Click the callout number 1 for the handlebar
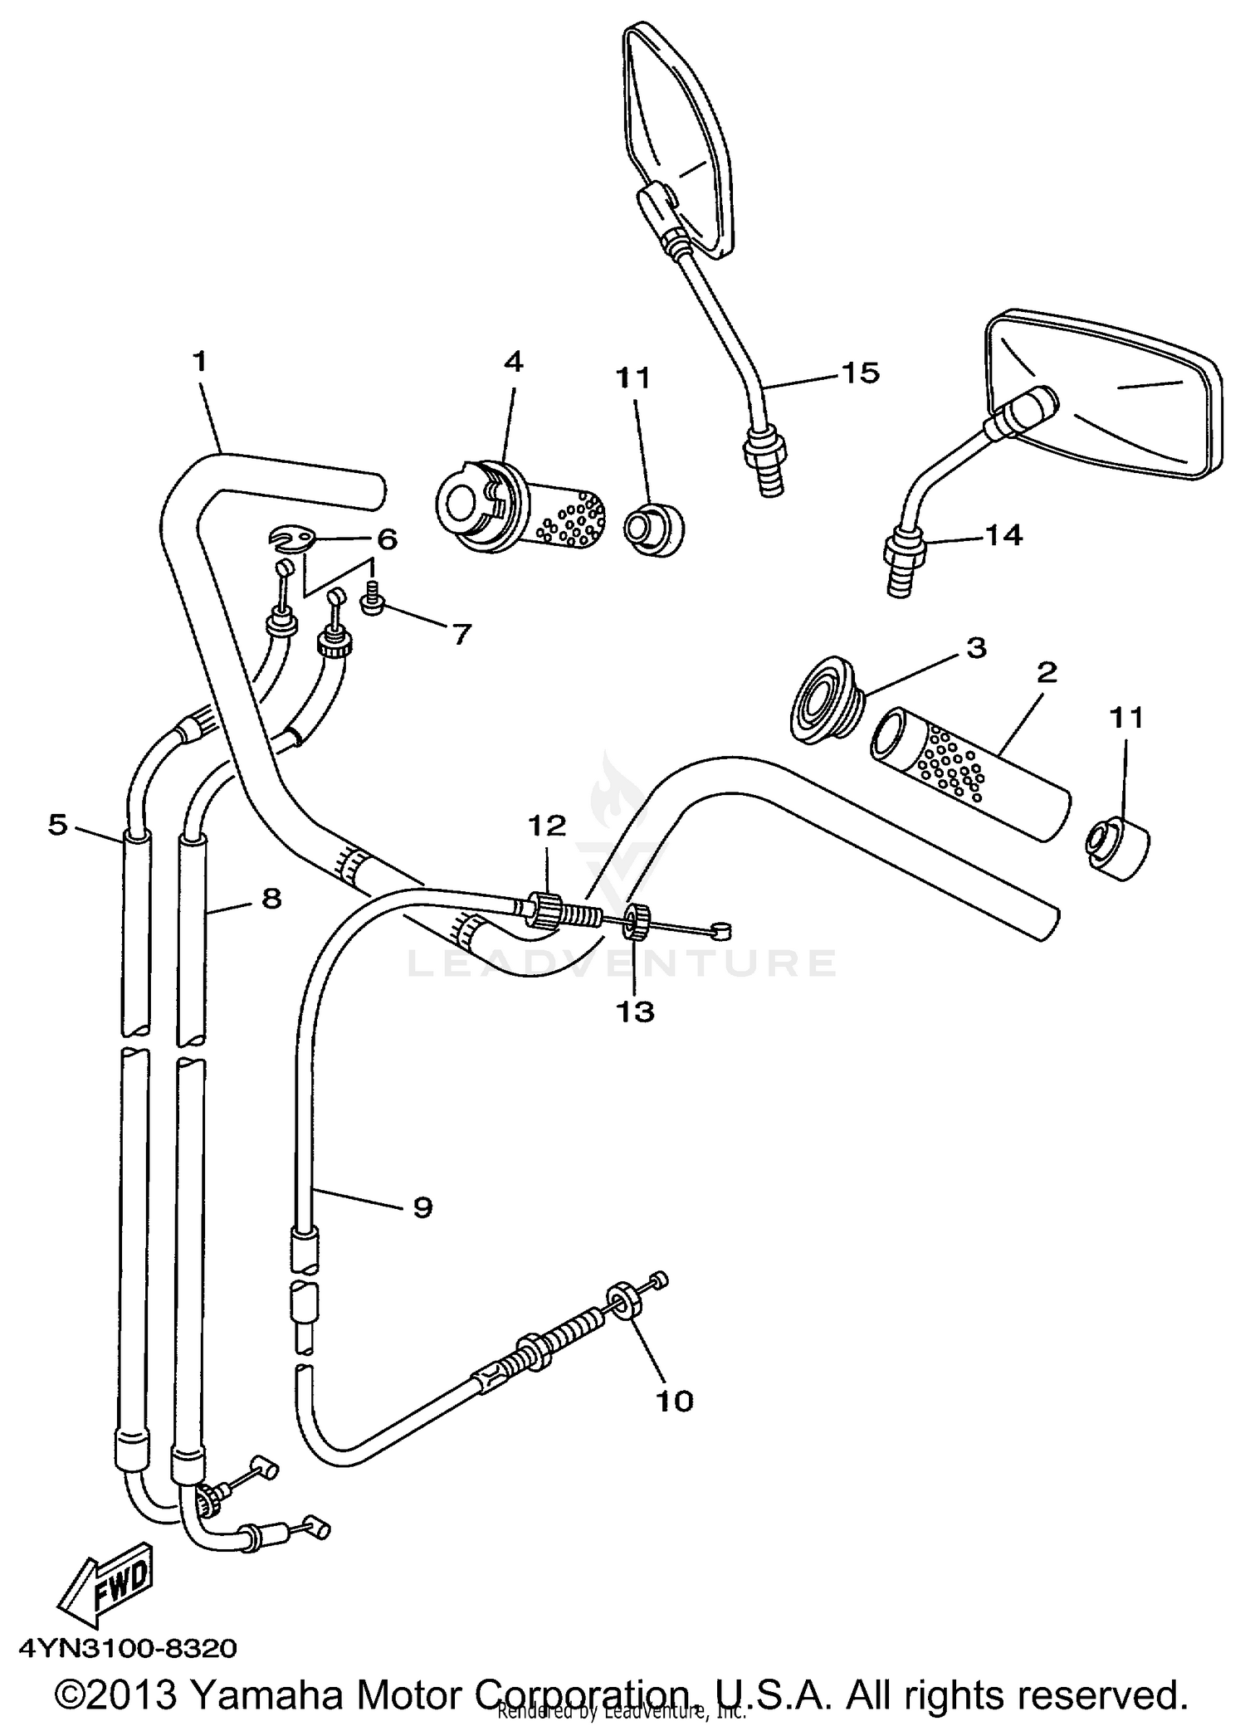199,362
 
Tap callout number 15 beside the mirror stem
860,373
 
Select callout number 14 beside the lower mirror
1003,535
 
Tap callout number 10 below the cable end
673,1401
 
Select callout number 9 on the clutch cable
422,1207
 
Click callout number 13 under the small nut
634,1012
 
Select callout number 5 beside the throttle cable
56,825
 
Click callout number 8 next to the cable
271,898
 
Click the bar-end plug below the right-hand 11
1117,847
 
